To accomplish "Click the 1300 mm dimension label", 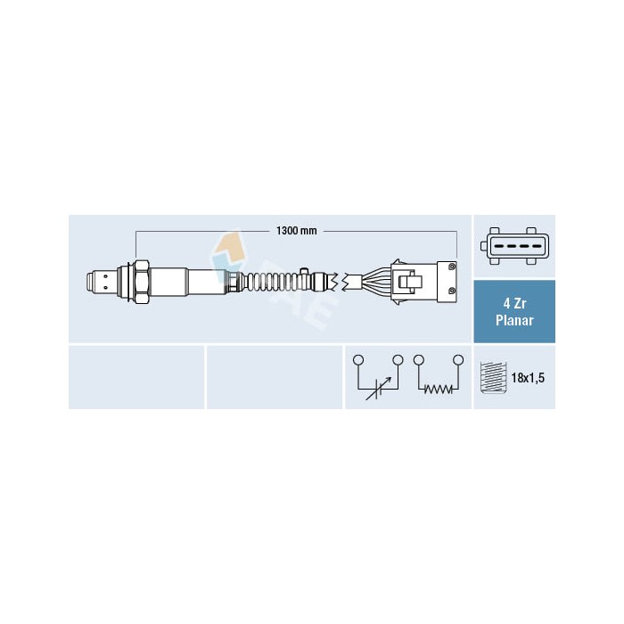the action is coord(297,230).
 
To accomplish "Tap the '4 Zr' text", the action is coord(514,304).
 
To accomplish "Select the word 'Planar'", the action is coord(514,320).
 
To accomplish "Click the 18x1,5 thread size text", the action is coord(528,378).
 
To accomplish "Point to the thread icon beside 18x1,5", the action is coord(494,378).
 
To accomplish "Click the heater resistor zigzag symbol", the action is coord(438,389).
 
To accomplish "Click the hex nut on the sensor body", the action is coord(142,283).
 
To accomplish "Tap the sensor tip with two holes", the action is coord(102,282).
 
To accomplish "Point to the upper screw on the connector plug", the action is coord(451,267).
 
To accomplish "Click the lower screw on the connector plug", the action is coord(451,291).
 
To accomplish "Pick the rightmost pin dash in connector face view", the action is coord(535,246).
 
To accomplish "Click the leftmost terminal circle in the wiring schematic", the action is coord(358,360).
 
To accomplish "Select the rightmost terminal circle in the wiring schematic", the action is coord(458,360).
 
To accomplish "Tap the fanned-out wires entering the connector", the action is coord(376,282).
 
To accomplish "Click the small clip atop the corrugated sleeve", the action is coord(305,272).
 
